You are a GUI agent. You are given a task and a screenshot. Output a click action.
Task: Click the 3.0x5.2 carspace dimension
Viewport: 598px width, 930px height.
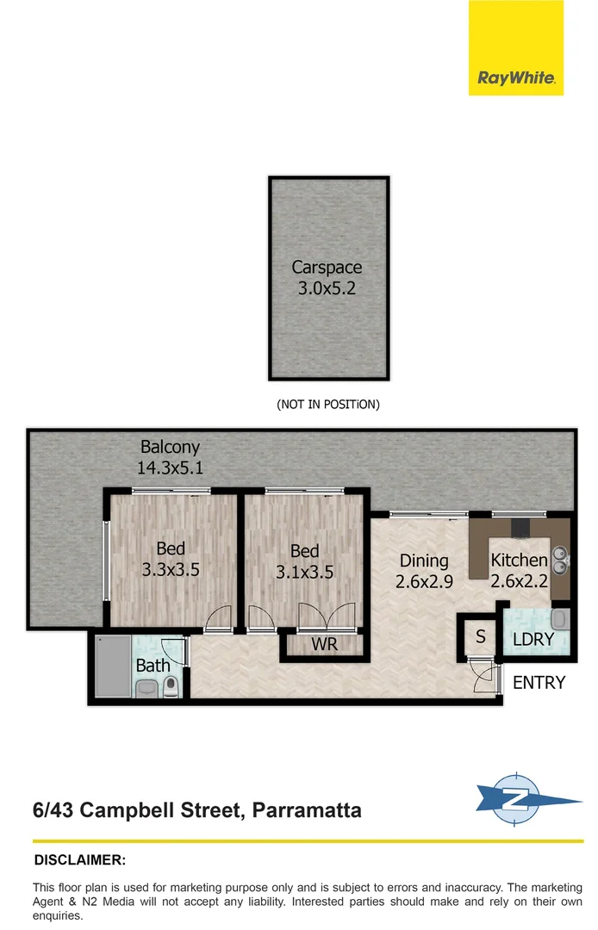(327, 288)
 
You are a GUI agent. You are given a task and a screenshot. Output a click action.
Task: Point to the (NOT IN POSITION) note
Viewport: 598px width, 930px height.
(327, 404)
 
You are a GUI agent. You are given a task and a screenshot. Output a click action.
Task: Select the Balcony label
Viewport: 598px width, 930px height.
(170, 447)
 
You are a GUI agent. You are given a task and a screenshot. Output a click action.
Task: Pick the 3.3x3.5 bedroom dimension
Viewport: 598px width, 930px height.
(171, 569)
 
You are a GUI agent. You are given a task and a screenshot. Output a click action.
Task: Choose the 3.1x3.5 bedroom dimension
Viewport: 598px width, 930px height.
(304, 571)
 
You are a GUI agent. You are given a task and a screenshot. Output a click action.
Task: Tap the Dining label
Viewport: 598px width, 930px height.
(424, 561)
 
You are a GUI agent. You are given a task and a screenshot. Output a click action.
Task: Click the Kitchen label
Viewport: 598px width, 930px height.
(519, 561)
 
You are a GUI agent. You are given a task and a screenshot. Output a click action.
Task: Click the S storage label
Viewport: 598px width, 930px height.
(480, 638)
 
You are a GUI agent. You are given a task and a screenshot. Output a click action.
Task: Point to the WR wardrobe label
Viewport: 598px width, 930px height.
(324, 644)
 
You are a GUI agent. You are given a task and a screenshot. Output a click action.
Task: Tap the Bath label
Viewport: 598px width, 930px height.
(153, 665)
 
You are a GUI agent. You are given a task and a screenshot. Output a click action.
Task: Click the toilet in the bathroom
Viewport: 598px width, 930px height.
(171, 686)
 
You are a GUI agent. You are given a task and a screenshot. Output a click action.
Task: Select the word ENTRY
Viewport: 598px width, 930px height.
(539, 683)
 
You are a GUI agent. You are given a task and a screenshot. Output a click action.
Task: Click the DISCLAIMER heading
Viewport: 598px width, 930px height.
(79, 859)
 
